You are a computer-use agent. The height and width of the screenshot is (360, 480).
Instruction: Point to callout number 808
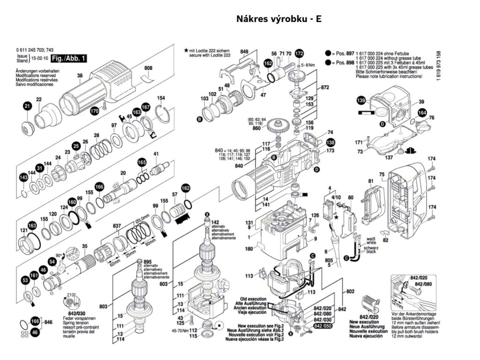point(149,69)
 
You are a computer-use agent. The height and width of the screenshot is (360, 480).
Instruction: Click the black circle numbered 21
point(28,106)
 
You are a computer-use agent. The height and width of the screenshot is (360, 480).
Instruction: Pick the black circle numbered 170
point(94,111)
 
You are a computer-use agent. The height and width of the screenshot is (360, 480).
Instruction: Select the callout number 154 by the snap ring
point(161,98)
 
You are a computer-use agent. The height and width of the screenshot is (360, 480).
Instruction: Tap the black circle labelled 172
point(299,53)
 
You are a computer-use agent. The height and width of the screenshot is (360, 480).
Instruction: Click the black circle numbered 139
point(360,101)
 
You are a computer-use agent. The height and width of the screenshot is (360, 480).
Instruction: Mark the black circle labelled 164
point(422,113)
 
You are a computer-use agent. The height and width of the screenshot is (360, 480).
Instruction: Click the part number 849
point(244,52)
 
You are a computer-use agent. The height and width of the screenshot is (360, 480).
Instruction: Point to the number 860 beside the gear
point(256,128)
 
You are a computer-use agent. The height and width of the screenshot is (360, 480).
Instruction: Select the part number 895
point(148,262)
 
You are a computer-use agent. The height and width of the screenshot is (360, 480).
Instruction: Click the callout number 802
point(350,291)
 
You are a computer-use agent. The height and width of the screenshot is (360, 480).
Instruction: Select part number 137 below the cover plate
point(389,157)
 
